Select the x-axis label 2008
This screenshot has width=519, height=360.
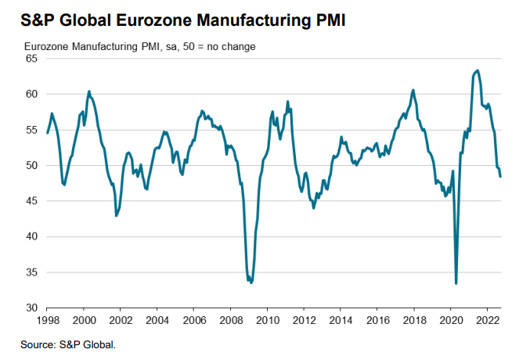click(231, 321)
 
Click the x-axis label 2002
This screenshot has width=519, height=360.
click(121, 321)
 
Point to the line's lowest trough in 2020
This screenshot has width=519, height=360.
click(456, 283)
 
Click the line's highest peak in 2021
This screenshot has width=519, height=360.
click(478, 70)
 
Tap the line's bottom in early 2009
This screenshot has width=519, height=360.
click(251, 282)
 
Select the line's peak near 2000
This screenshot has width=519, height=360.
click(88, 92)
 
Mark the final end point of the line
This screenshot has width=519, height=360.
click(501, 176)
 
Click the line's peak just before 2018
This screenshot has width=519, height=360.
click(413, 90)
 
